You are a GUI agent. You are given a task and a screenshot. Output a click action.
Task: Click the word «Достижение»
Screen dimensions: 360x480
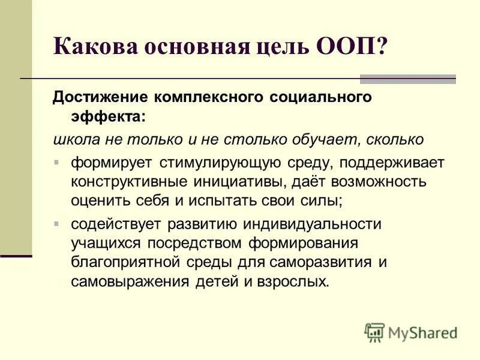(x=100, y=97)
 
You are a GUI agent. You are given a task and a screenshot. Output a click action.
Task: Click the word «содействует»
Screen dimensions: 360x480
(x=119, y=224)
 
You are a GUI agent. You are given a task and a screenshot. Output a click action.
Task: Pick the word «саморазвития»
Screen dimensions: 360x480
(x=320, y=263)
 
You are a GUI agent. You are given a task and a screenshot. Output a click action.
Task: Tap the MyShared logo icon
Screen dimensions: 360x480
(x=374, y=332)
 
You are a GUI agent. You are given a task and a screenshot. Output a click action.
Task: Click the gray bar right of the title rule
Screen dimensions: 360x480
(x=408, y=79)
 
